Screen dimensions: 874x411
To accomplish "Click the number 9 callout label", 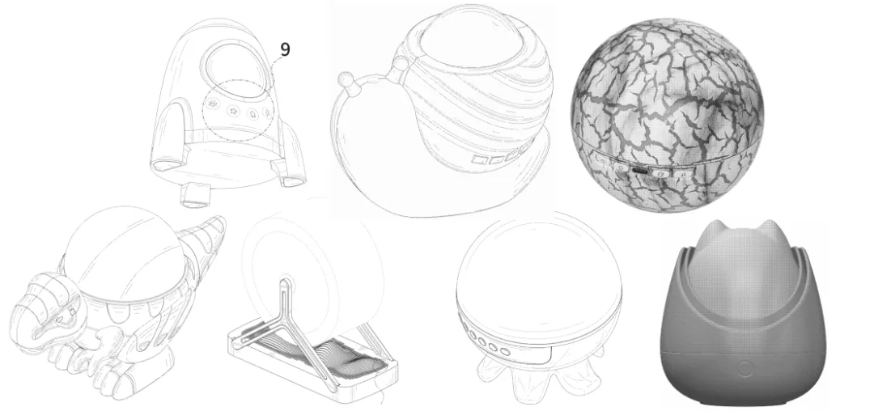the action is click(285, 49).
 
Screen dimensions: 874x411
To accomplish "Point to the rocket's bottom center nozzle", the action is click(193, 194).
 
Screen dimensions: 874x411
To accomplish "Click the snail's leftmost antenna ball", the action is click(346, 76).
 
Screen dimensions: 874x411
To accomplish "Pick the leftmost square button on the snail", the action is click(479, 160).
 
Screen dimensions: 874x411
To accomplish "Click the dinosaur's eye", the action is click(67, 316).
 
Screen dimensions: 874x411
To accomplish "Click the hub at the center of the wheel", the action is click(286, 282).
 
